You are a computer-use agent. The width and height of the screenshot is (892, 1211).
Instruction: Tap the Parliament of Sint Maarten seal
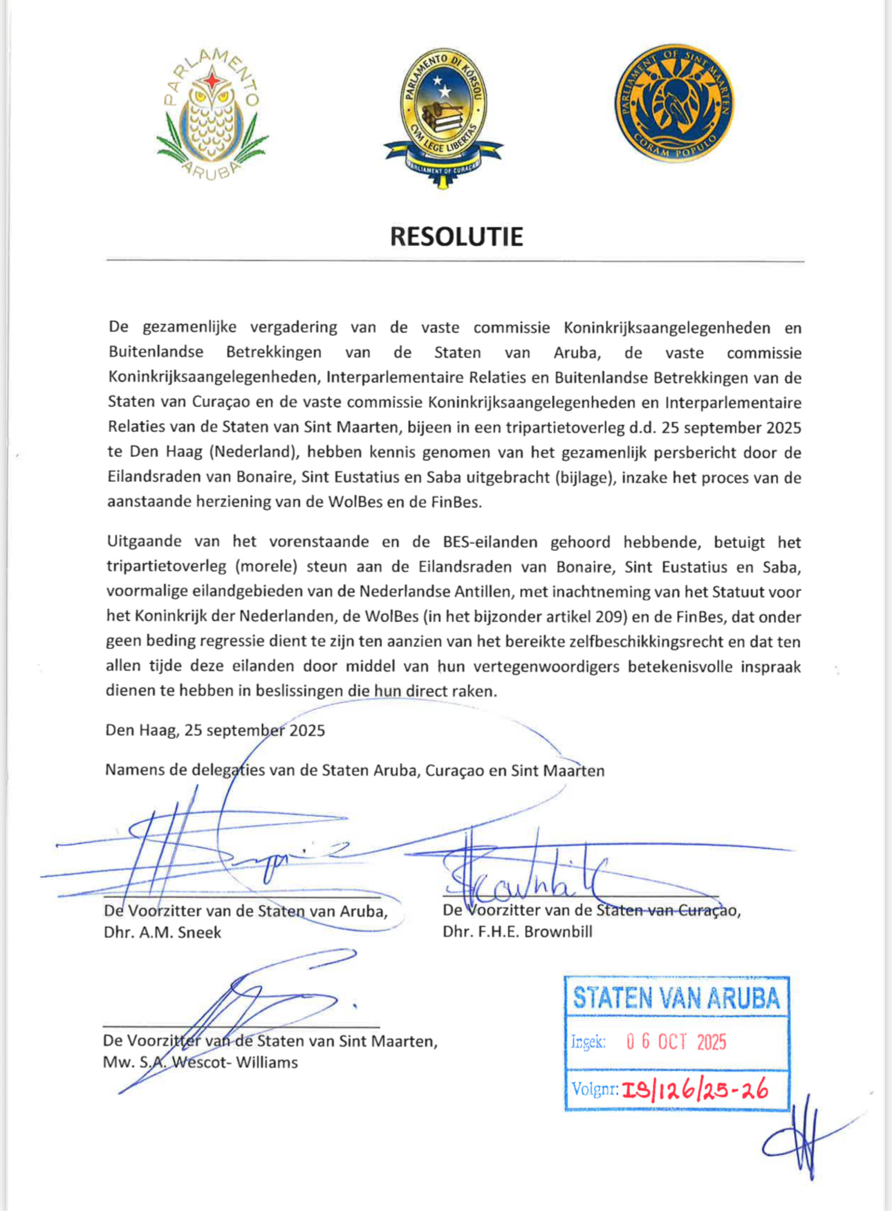coord(674,103)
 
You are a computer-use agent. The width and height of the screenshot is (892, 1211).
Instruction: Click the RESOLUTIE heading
coord(456,236)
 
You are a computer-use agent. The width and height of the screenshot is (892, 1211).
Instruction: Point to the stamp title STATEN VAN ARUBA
coord(676,997)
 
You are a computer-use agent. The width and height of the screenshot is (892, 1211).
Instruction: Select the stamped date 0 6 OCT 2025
coord(676,1042)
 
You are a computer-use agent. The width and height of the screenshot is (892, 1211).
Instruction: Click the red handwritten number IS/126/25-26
coord(695,1090)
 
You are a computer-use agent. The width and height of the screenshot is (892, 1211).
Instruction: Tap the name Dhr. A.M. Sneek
coord(162,932)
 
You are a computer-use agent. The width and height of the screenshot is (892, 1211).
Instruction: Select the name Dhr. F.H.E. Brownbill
coord(517,931)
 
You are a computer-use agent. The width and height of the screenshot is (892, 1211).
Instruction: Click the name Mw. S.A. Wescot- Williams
coord(201,1062)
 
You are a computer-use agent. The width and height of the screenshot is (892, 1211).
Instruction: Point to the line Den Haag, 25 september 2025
coord(215,731)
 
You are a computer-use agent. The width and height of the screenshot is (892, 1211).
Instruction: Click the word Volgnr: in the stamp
coord(595,1090)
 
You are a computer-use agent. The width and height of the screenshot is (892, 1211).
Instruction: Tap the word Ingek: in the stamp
coord(588,1042)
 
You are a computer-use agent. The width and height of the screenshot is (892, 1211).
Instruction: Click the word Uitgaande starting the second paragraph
coord(145,542)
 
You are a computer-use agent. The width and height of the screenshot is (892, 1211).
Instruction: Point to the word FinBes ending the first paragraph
coord(456,503)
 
